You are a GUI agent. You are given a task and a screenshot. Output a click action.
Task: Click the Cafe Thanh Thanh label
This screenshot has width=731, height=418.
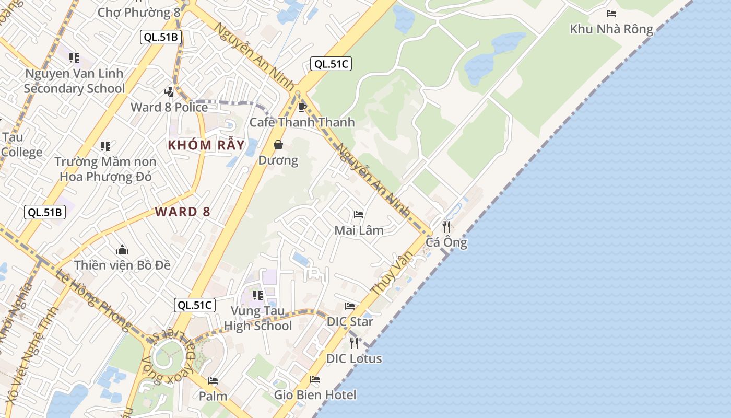[x=302, y=122]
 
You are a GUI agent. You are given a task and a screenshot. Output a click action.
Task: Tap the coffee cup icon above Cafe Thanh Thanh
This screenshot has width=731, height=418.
[x=301, y=107]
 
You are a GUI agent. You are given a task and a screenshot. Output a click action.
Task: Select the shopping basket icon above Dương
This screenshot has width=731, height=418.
[x=278, y=145]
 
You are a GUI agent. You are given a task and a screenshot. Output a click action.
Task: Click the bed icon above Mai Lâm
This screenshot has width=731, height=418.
[x=359, y=214]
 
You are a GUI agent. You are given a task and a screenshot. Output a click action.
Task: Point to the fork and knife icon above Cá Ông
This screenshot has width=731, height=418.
[x=446, y=226]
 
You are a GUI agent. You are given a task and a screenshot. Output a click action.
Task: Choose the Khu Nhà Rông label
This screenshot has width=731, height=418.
[x=611, y=29]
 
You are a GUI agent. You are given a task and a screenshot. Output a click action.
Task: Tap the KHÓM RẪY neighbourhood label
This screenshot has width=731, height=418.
[x=206, y=145]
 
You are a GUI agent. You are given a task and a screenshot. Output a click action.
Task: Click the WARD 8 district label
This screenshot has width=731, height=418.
[x=183, y=212]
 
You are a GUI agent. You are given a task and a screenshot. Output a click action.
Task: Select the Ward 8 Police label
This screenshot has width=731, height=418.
[x=169, y=107]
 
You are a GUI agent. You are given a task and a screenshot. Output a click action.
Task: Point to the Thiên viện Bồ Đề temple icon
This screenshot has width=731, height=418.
[x=122, y=249]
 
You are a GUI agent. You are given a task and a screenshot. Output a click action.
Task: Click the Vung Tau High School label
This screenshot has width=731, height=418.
[x=258, y=318]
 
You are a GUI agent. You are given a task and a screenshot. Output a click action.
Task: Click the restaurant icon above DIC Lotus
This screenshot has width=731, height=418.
[x=354, y=343]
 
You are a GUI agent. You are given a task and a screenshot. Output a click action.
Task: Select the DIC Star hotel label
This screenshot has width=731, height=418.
[x=350, y=321]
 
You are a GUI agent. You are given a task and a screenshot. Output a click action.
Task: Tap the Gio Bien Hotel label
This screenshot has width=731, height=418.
[x=315, y=394]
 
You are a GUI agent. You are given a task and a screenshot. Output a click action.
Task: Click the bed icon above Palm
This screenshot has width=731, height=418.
[x=213, y=381]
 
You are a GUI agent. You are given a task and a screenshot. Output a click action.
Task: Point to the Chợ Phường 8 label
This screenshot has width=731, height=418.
[x=135, y=12]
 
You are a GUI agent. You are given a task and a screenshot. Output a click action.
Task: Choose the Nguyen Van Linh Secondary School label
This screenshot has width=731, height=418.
[x=74, y=81]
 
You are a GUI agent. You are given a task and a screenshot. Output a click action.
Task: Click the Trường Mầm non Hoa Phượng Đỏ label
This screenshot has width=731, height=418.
[x=105, y=169]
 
